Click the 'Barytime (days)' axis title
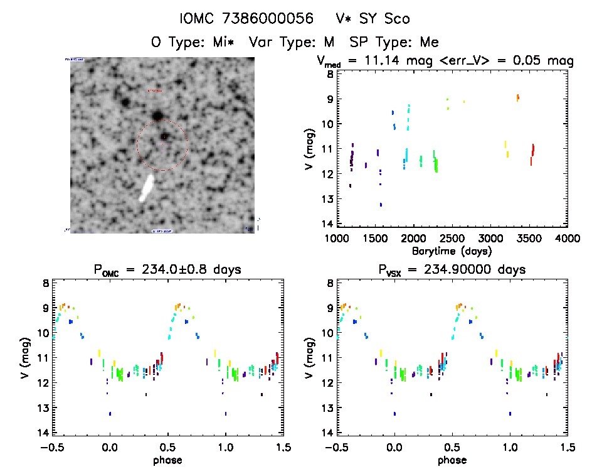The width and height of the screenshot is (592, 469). coord(452,251)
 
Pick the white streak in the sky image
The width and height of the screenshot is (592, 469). coord(147,188)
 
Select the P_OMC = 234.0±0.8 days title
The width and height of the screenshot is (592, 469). coord(168,270)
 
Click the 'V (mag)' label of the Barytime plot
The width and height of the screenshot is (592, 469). coord(308,149)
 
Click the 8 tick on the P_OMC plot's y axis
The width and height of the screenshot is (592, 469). coord(46,283)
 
